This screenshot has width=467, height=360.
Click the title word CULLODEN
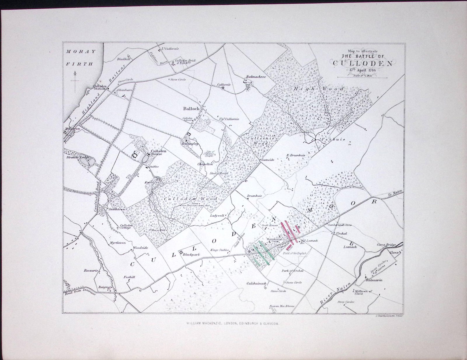pos(363,63)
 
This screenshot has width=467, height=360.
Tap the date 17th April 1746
pos(362,70)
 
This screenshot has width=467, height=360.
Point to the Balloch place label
pos(191,109)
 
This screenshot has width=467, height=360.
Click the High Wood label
pos(319,88)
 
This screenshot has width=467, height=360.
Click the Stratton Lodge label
pos(77,157)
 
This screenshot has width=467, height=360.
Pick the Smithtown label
pos(117,209)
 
